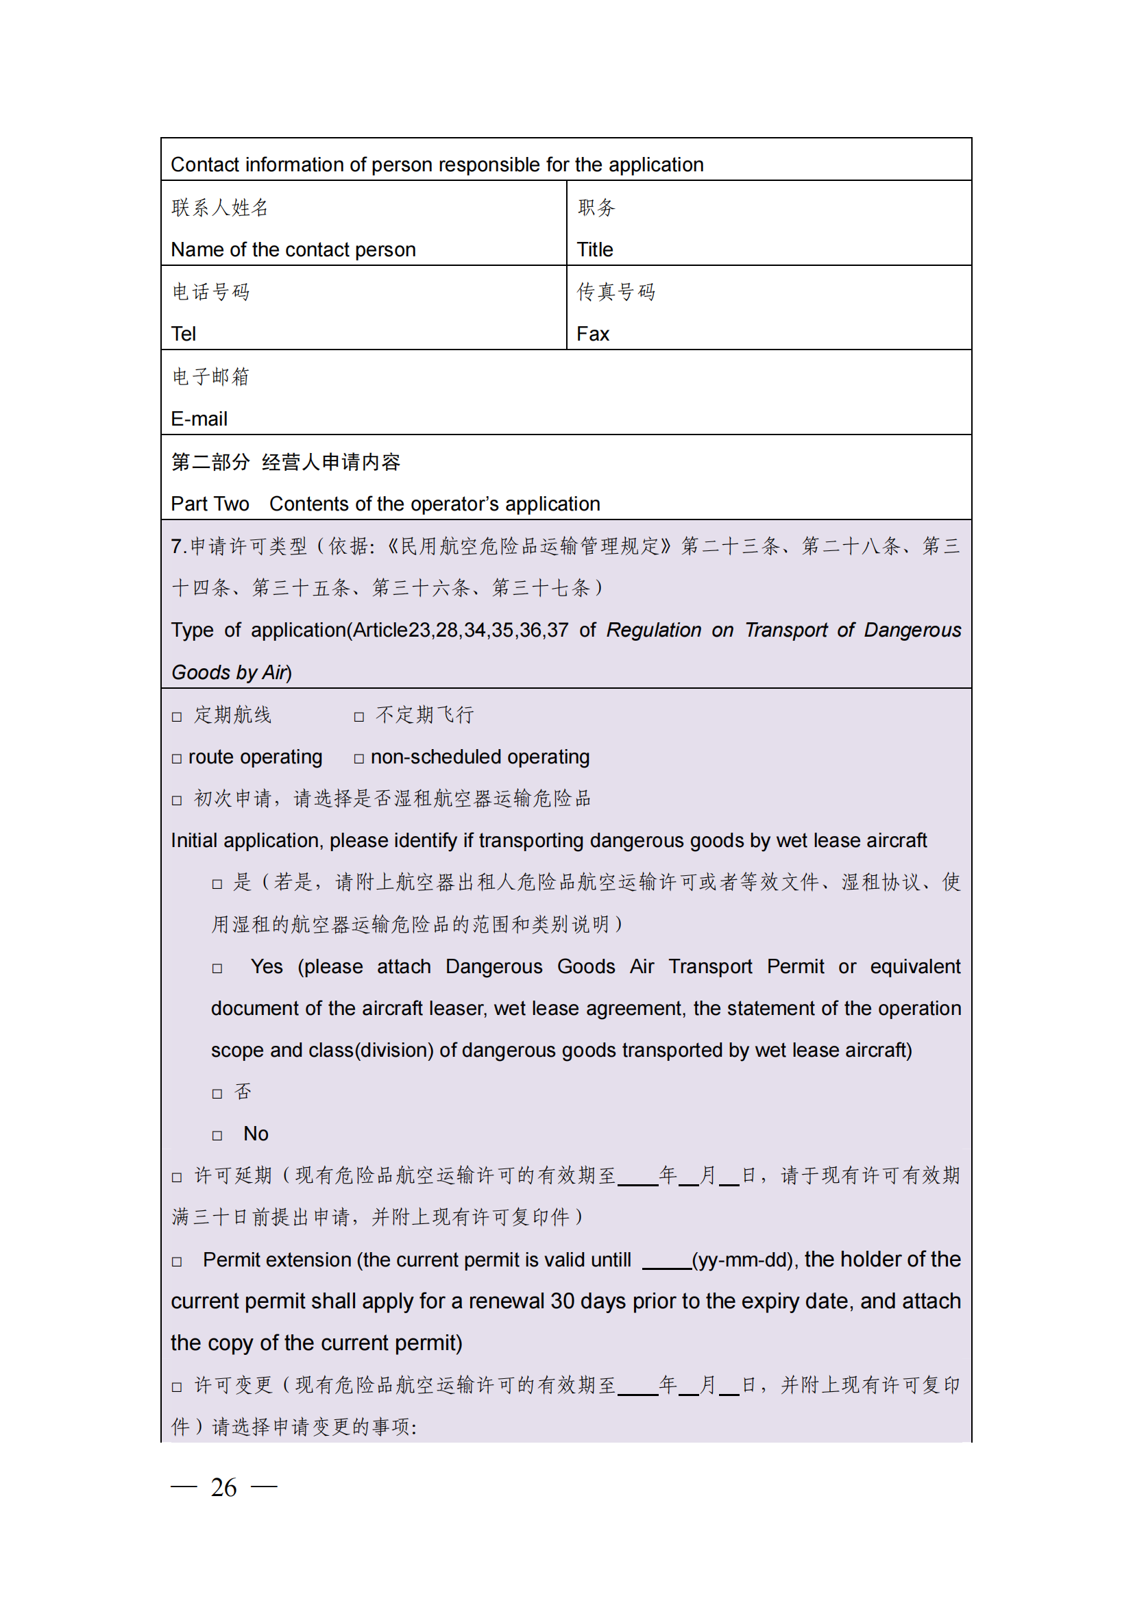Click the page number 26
(223, 1487)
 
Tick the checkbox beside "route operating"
(177, 759)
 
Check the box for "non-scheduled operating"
(359, 759)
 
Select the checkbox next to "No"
(217, 1136)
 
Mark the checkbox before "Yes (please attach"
(217, 968)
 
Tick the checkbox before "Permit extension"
(177, 1262)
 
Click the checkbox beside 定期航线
(177, 717)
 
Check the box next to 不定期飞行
(359, 717)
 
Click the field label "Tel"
(184, 334)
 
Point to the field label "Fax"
(593, 334)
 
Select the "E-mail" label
(199, 419)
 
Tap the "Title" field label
(595, 249)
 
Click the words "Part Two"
(210, 504)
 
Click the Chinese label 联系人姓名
(220, 208)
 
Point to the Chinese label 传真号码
(616, 292)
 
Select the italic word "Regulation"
(653, 630)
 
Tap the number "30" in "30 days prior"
(562, 1301)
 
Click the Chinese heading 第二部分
(210, 461)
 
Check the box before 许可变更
(177, 1387)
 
